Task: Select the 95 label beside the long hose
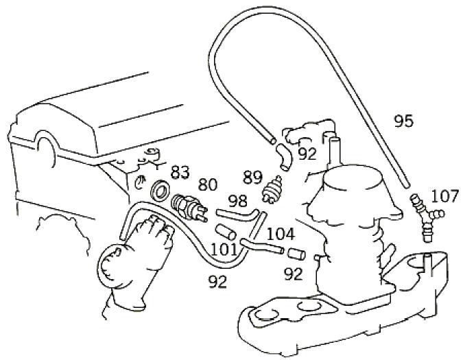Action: click(403, 121)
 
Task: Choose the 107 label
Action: click(444, 197)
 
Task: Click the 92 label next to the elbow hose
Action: click(307, 154)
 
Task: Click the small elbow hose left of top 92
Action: click(282, 155)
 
